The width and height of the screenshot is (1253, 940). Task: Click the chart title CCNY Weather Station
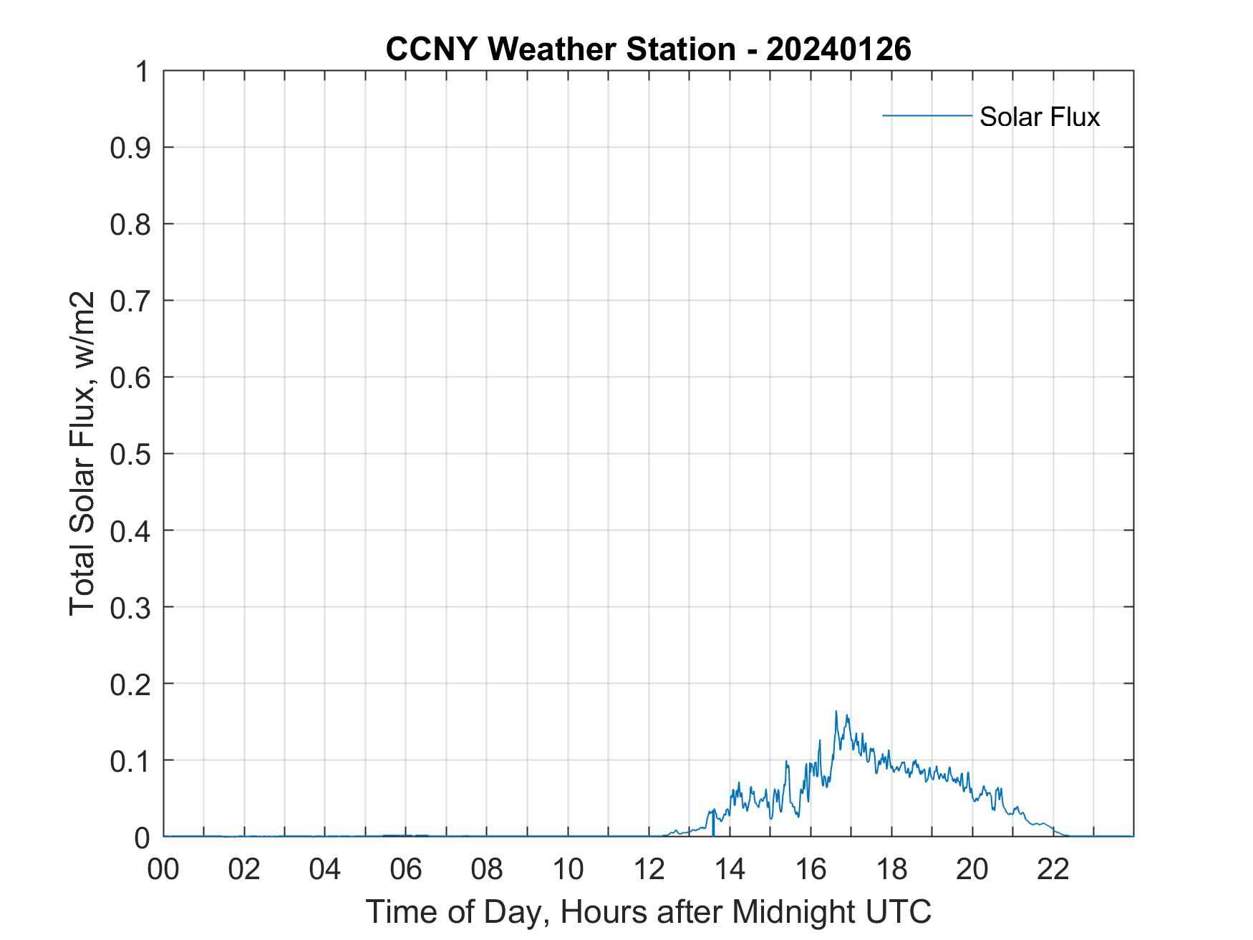pyautogui.click(x=560, y=49)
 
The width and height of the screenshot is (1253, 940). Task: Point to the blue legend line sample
pyautogui.click(x=927, y=115)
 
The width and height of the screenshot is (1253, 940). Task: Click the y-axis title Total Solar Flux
pyautogui.click(x=83, y=453)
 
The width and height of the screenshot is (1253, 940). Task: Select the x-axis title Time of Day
pyautogui.click(x=648, y=911)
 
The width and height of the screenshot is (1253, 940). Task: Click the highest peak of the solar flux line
pyautogui.click(x=836, y=712)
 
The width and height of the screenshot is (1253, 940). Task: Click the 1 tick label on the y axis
pyautogui.click(x=142, y=72)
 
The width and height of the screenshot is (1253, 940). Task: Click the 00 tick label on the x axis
pyautogui.click(x=163, y=868)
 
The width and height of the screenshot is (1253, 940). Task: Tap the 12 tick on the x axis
pyautogui.click(x=649, y=868)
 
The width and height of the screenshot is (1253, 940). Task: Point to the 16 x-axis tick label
pyautogui.click(x=811, y=868)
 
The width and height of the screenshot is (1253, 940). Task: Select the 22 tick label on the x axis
pyautogui.click(x=1053, y=868)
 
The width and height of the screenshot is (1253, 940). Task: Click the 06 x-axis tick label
pyautogui.click(x=406, y=868)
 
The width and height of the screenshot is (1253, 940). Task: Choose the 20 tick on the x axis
pyautogui.click(x=972, y=868)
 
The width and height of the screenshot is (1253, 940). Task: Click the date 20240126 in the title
pyautogui.click(x=838, y=49)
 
